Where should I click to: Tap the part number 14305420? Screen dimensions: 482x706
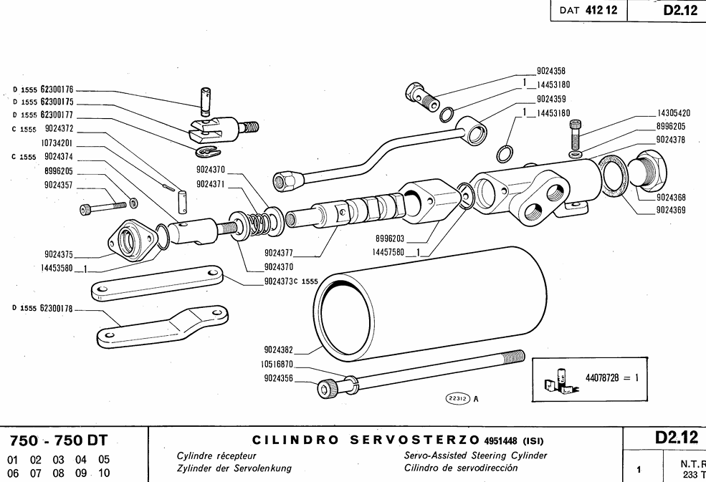click(673, 113)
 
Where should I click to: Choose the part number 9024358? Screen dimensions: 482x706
click(550, 71)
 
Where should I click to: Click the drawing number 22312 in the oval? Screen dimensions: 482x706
click(457, 399)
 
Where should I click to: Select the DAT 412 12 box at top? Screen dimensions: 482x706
click(588, 11)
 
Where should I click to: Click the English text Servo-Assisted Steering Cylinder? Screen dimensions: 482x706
click(475, 456)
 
